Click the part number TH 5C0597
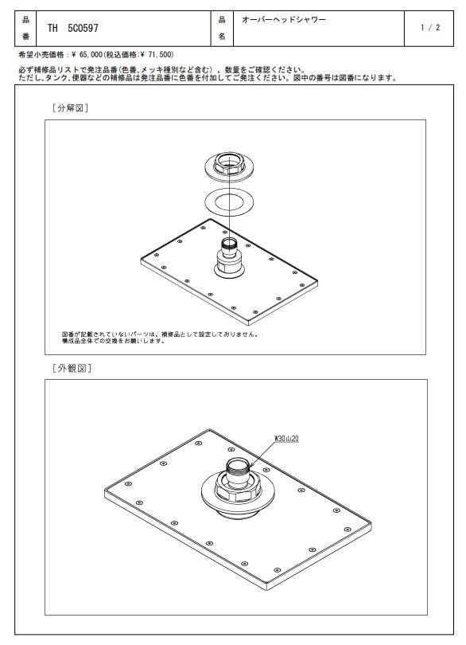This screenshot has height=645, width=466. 72,28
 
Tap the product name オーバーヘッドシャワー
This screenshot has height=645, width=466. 284,19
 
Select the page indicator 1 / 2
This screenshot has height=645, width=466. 430,28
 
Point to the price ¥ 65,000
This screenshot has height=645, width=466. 87,54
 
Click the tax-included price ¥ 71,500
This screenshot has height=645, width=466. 156,54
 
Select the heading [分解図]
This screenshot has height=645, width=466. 70,108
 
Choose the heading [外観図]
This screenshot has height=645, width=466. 72,368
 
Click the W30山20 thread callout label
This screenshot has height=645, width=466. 286,439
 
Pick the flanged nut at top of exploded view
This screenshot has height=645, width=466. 229,166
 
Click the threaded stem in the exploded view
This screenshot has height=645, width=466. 229,246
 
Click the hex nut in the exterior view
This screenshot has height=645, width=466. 238,491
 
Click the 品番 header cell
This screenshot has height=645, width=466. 25,28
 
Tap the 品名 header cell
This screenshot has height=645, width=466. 222,28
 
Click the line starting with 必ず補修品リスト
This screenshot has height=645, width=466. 162,70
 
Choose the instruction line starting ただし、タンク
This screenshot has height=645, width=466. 208,78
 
